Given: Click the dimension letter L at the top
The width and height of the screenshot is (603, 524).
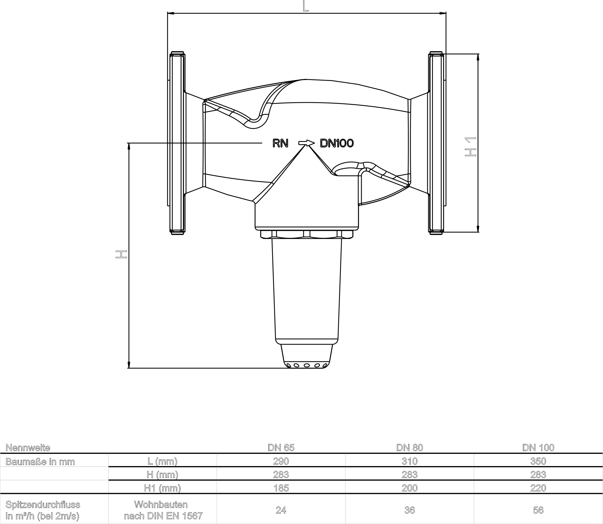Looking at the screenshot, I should (305, 6).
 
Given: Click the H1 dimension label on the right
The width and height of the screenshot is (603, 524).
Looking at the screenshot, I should (470, 146).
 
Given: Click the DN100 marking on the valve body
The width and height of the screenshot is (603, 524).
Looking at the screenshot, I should (337, 143).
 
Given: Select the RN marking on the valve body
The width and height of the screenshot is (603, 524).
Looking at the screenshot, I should (280, 143).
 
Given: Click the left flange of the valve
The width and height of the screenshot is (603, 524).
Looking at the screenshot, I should (177, 143).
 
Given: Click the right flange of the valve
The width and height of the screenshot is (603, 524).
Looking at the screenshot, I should (436, 143).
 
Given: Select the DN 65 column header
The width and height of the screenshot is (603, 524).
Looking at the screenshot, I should (281, 448).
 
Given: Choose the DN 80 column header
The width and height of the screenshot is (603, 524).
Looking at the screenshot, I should (409, 448).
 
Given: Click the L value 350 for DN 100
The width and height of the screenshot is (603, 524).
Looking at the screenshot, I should (538, 461).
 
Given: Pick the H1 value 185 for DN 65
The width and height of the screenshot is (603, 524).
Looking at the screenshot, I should (281, 488).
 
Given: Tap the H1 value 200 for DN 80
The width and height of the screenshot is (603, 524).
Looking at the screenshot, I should (409, 488).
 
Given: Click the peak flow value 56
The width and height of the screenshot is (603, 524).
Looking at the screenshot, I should (538, 510).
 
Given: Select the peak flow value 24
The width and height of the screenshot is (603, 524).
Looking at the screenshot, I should (281, 510).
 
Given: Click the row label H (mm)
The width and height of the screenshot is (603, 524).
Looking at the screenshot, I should (162, 475).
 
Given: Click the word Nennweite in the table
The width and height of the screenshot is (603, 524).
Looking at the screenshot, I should (28, 448).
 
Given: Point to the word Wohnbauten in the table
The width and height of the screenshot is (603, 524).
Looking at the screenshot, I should (161, 504).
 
